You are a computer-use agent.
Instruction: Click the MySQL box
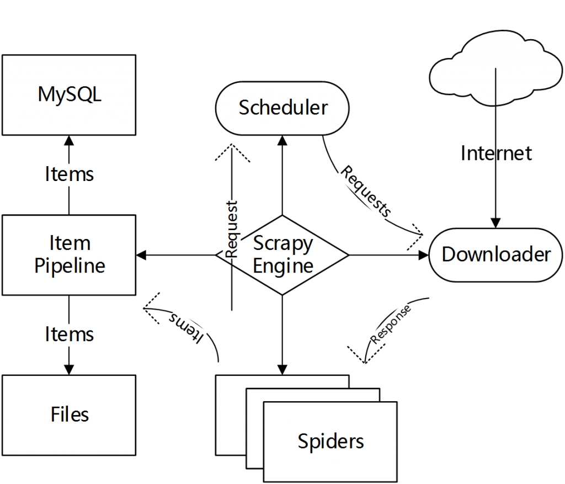tap(69, 94)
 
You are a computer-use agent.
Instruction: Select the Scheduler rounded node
tap(282, 108)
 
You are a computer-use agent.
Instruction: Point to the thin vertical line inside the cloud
tap(495, 86)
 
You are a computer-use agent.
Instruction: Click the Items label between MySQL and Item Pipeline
tap(69, 174)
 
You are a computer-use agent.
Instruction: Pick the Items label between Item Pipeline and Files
tap(69, 334)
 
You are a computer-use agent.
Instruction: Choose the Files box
tap(69, 414)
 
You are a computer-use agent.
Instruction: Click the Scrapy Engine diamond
tap(298, 254)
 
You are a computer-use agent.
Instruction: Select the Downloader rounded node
tap(495, 254)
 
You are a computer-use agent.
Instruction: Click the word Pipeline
tap(70, 265)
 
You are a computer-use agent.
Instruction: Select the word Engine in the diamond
tap(283, 266)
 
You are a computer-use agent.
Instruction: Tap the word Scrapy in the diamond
tap(283, 243)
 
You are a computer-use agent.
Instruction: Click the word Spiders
tap(331, 441)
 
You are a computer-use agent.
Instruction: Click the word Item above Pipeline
tap(70, 243)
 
